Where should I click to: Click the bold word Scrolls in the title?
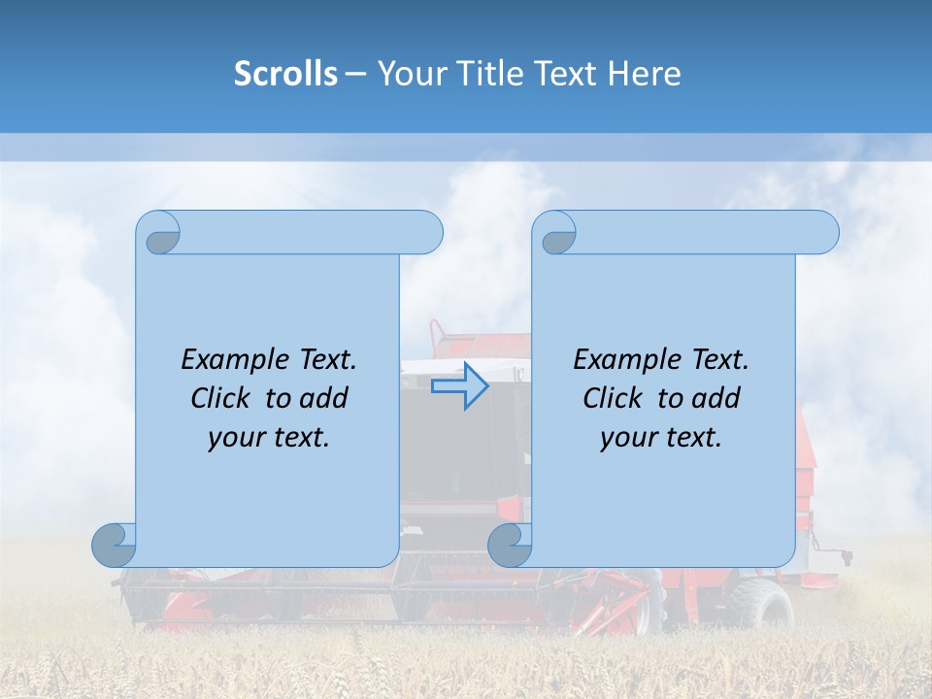click(285, 74)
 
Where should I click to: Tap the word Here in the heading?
click(644, 74)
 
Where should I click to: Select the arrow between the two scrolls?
click(459, 386)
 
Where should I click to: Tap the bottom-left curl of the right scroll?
click(510, 546)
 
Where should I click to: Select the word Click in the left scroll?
click(219, 398)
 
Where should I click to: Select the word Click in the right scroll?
click(612, 398)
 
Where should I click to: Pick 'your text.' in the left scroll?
click(269, 438)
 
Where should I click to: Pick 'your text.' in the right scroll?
click(661, 438)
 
